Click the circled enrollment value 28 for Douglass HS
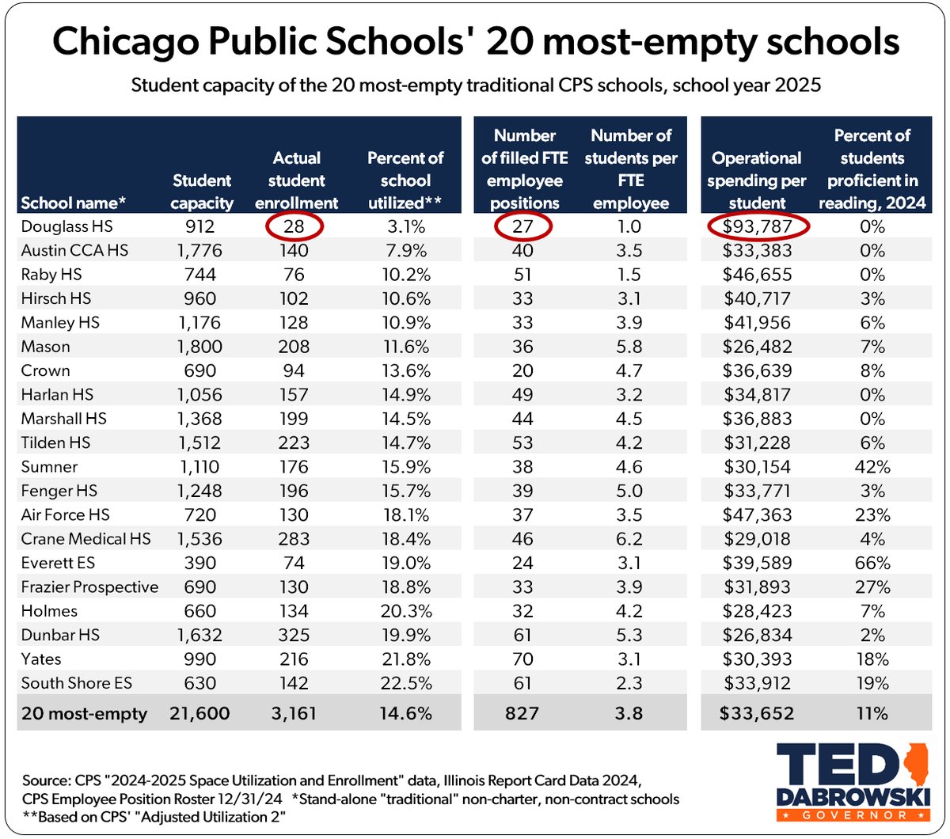tap(294, 227)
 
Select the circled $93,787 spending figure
tap(757, 227)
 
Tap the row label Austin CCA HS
tap(74, 251)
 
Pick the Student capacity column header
tap(202, 192)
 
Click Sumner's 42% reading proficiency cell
tap(872, 467)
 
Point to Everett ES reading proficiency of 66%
tap(872, 564)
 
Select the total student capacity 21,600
tap(199, 713)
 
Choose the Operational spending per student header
tap(756, 180)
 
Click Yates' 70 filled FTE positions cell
tap(522, 659)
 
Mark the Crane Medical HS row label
tap(85, 539)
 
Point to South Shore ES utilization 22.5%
tap(405, 683)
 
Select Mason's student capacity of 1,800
tap(201, 347)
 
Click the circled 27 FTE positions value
tap(522, 227)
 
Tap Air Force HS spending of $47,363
tap(757, 515)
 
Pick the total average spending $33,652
tap(756, 713)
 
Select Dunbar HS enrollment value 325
tap(294, 636)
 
